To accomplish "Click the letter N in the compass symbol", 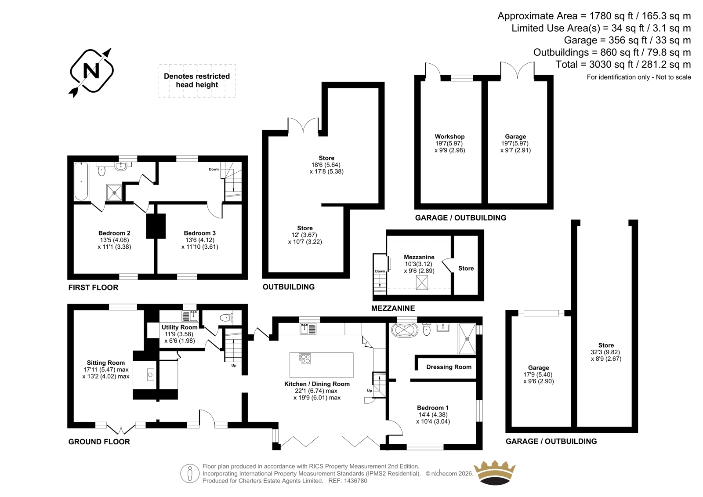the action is tap(91, 71).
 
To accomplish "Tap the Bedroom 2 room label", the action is tap(114, 233).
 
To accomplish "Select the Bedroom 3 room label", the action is tap(199, 233).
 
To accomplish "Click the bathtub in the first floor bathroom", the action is tap(81, 181).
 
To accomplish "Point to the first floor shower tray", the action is tap(114, 192).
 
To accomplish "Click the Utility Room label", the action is tap(180, 327).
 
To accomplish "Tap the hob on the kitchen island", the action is tap(304, 359).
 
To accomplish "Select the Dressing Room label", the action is tap(449, 366).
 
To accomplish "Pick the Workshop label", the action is tap(449, 137).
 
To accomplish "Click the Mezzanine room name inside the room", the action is tap(419, 257).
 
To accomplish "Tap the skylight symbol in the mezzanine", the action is tap(422, 282).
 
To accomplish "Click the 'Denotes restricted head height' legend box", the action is tap(197, 81).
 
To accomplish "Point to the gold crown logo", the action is tap(495, 472).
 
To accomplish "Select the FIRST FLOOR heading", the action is tap(93, 287).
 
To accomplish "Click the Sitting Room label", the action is tap(106, 363).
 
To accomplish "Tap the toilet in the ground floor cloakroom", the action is tap(227, 318).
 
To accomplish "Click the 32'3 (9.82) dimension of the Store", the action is tap(605, 352).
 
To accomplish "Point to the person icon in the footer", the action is tap(189, 473).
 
